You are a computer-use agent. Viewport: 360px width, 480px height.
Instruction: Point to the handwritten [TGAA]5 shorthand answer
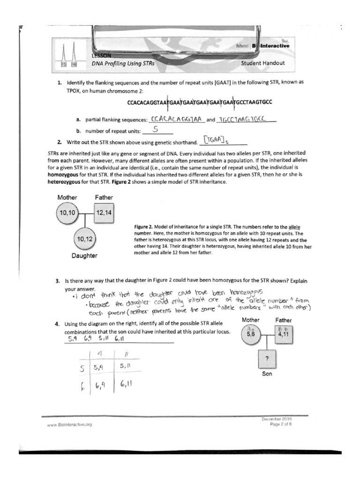tap(220, 140)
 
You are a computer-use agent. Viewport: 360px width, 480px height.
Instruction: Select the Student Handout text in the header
tap(262, 63)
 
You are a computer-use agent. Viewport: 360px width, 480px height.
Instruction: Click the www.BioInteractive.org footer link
tap(66, 424)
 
